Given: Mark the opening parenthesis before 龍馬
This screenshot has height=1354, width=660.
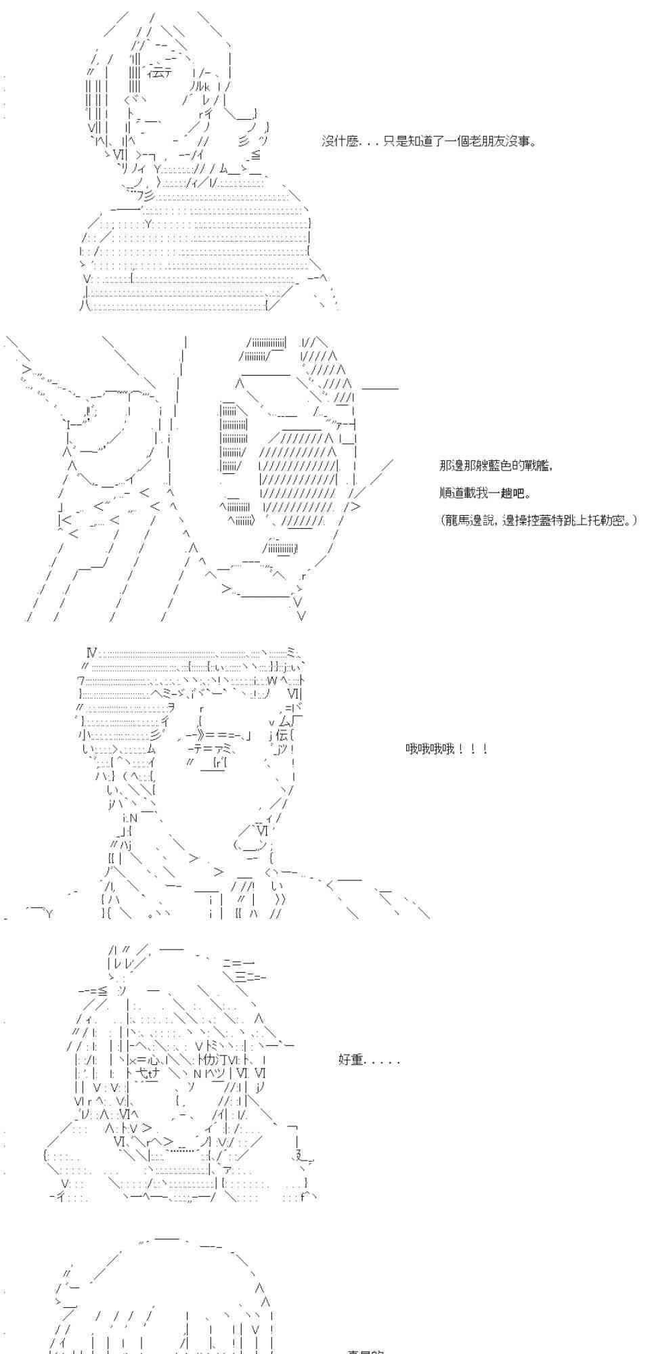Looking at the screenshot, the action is (443, 519).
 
